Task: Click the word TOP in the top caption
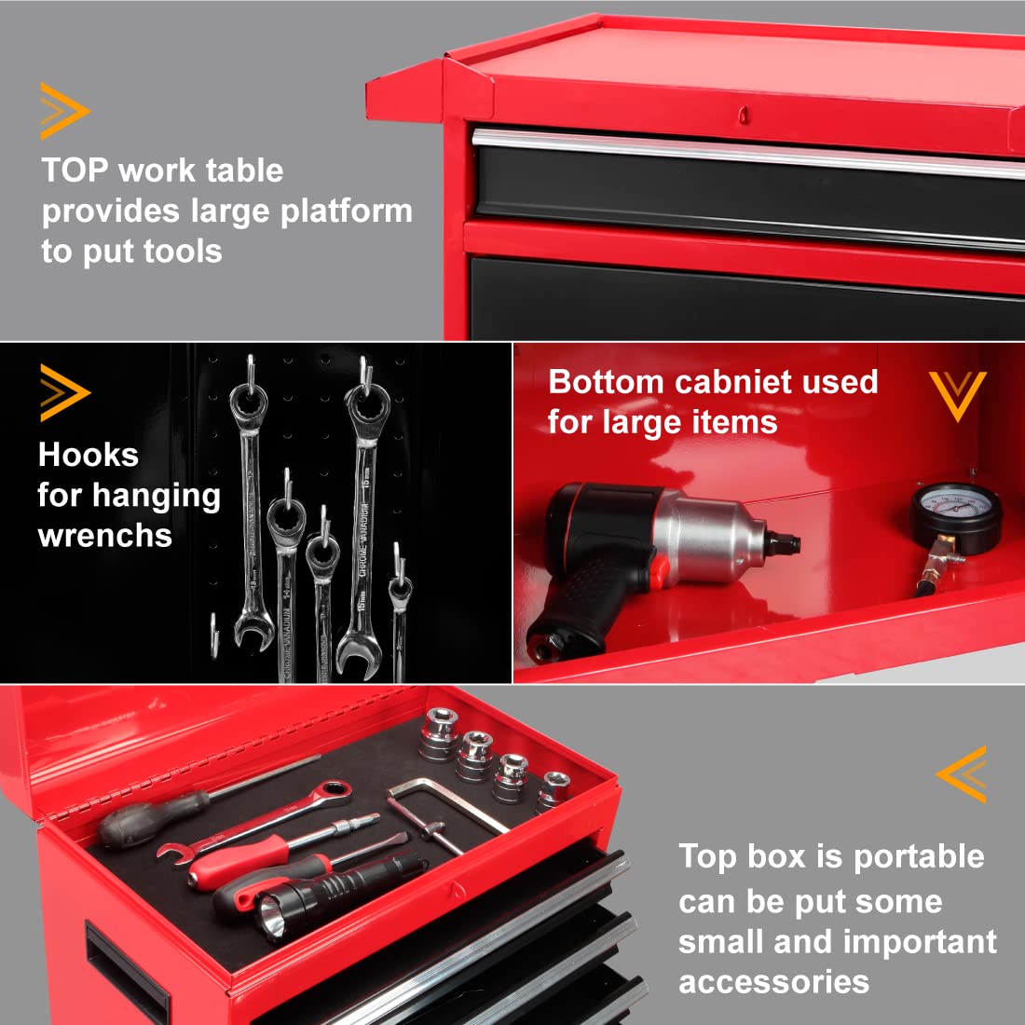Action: (75, 171)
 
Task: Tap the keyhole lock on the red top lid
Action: (744, 115)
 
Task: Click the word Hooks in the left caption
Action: (89, 455)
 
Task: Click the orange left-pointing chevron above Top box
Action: (963, 773)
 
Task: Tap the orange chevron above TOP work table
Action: (63, 111)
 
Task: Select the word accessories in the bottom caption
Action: (773, 981)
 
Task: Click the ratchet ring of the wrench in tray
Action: (332, 794)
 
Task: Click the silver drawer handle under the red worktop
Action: (745, 155)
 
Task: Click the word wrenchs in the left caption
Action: (105, 536)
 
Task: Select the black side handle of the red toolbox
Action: (127, 969)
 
